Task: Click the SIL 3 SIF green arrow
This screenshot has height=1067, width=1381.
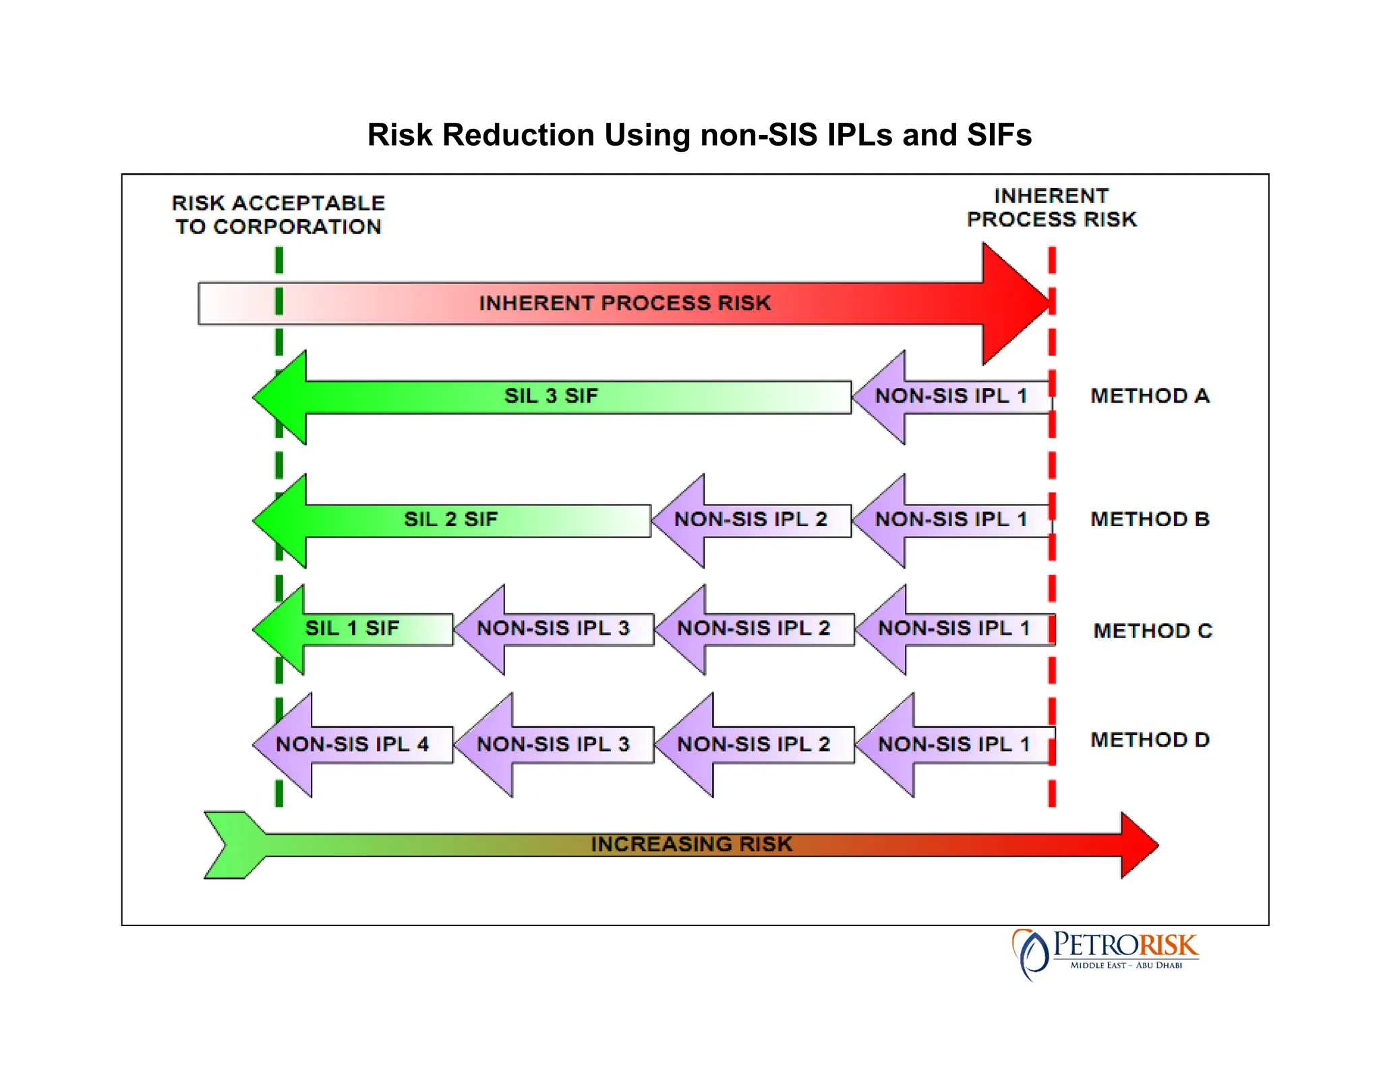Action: [551, 396]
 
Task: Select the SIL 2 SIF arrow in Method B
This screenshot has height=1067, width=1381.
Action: [450, 519]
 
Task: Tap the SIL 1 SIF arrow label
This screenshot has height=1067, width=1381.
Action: [352, 629]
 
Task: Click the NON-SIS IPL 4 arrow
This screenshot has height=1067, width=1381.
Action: [352, 744]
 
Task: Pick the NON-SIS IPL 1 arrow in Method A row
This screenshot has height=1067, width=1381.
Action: [951, 396]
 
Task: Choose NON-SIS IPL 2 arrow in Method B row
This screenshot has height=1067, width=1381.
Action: [751, 519]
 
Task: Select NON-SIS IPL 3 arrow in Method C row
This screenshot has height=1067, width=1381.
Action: [553, 629]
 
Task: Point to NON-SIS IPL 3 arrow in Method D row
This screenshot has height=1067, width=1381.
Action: [553, 744]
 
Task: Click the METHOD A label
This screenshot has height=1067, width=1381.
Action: [1150, 396]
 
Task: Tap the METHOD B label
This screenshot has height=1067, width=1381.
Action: [1150, 519]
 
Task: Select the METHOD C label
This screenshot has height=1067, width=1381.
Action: [1152, 631]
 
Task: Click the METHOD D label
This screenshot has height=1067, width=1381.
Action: [1150, 740]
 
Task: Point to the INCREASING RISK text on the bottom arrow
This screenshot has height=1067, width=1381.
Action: [691, 844]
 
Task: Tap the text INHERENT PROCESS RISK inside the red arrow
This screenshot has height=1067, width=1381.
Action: [624, 304]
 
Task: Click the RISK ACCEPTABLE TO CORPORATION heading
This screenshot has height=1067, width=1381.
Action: [278, 214]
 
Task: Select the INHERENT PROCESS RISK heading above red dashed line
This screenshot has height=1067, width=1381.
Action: [1051, 208]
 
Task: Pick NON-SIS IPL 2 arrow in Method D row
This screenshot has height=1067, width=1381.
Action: [753, 744]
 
